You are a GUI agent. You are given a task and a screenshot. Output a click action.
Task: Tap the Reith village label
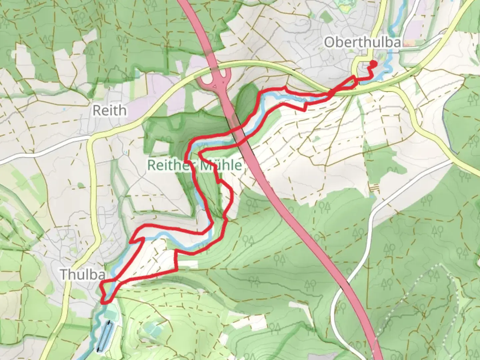pos(109,110)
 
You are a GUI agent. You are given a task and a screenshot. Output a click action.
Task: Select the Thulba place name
pos(83,275)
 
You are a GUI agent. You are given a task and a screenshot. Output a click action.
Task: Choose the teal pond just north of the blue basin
pos(110,313)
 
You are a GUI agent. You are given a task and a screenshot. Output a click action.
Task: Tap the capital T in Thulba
pos(64,275)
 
